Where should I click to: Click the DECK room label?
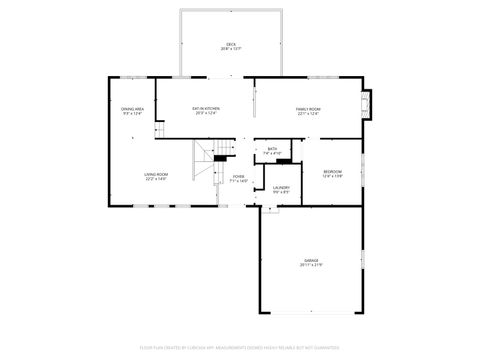tap(231, 44)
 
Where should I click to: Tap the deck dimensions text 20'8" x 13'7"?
tap(231, 49)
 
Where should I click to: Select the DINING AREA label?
tap(132, 109)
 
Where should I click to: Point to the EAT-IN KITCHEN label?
tap(206, 109)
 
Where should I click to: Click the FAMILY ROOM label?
tap(307, 109)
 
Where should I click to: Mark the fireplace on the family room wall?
tap(367, 103)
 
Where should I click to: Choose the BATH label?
tap(272, 148)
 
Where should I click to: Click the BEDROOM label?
tap(333, 171)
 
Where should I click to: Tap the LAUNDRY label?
tap(281, 187)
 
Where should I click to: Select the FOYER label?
tap(239, 175)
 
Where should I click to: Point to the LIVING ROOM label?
tap(156, 175)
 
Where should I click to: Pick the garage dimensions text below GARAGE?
tap(311, 265)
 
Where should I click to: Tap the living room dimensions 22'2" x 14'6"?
tap(156, 180)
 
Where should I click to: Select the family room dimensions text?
tap(307, 114)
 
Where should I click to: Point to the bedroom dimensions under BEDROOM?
tap(333, 176)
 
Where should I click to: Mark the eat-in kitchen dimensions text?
tap(206, 114)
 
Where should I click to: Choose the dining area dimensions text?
tap(132, 114)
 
